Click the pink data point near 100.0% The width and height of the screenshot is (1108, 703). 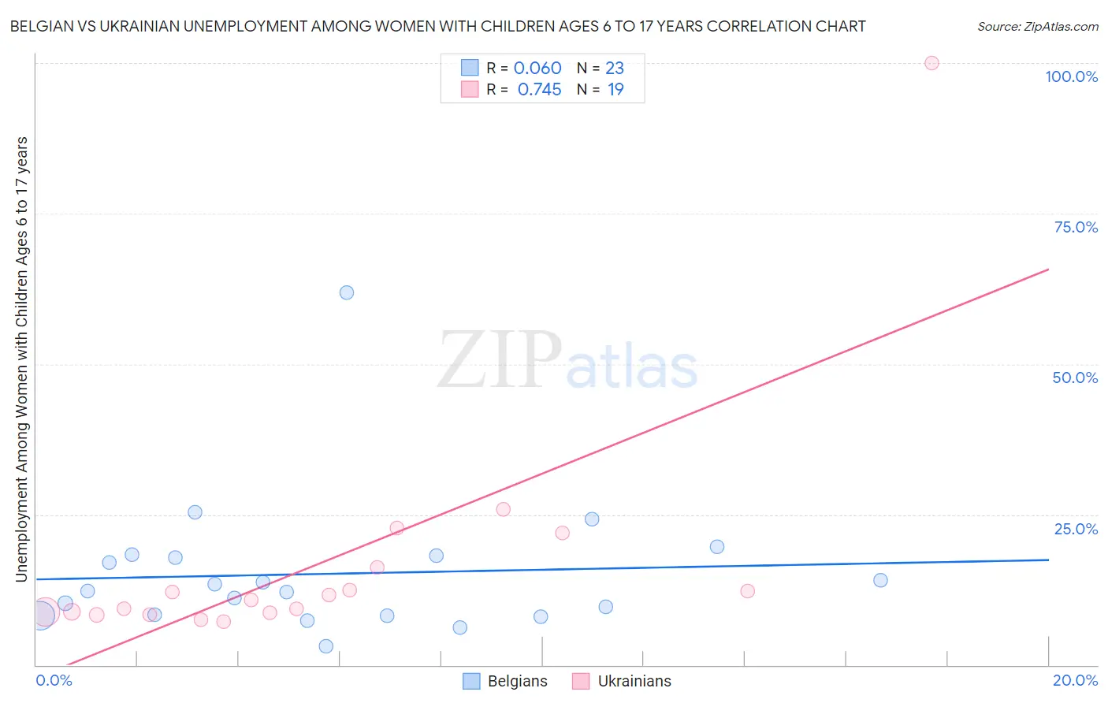[x=931, y=63]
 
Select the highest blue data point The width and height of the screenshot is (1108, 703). [x=347, y=292]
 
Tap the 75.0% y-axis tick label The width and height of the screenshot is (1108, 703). [x=1076, y=227]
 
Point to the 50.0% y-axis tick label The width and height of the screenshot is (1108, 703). [x=1075, y=378]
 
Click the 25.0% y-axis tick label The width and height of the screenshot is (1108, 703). [x=1076, y=529]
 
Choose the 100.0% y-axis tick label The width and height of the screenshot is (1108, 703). [x=1071, y=76]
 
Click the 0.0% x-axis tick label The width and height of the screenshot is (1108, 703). [x=54, y=680]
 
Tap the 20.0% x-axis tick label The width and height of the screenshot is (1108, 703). [x=1075, y=680]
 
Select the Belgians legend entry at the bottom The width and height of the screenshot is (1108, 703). [x=504, y=681]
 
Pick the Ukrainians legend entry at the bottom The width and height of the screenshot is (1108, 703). [x=622, y=681]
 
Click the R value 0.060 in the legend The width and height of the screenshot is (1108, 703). [x=537, y=69]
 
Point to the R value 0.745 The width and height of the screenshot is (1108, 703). [x=539, y=90]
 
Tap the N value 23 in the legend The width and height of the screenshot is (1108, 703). [x=615, y=69]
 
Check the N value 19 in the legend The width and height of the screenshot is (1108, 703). [x=615, y=90]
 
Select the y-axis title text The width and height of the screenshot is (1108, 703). [x=21, y=359]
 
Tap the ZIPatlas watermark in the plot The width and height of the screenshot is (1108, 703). [x=567, y=361]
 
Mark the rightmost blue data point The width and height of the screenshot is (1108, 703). [x=880, y=580]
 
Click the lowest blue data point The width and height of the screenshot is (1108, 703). [x=325, y=646]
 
